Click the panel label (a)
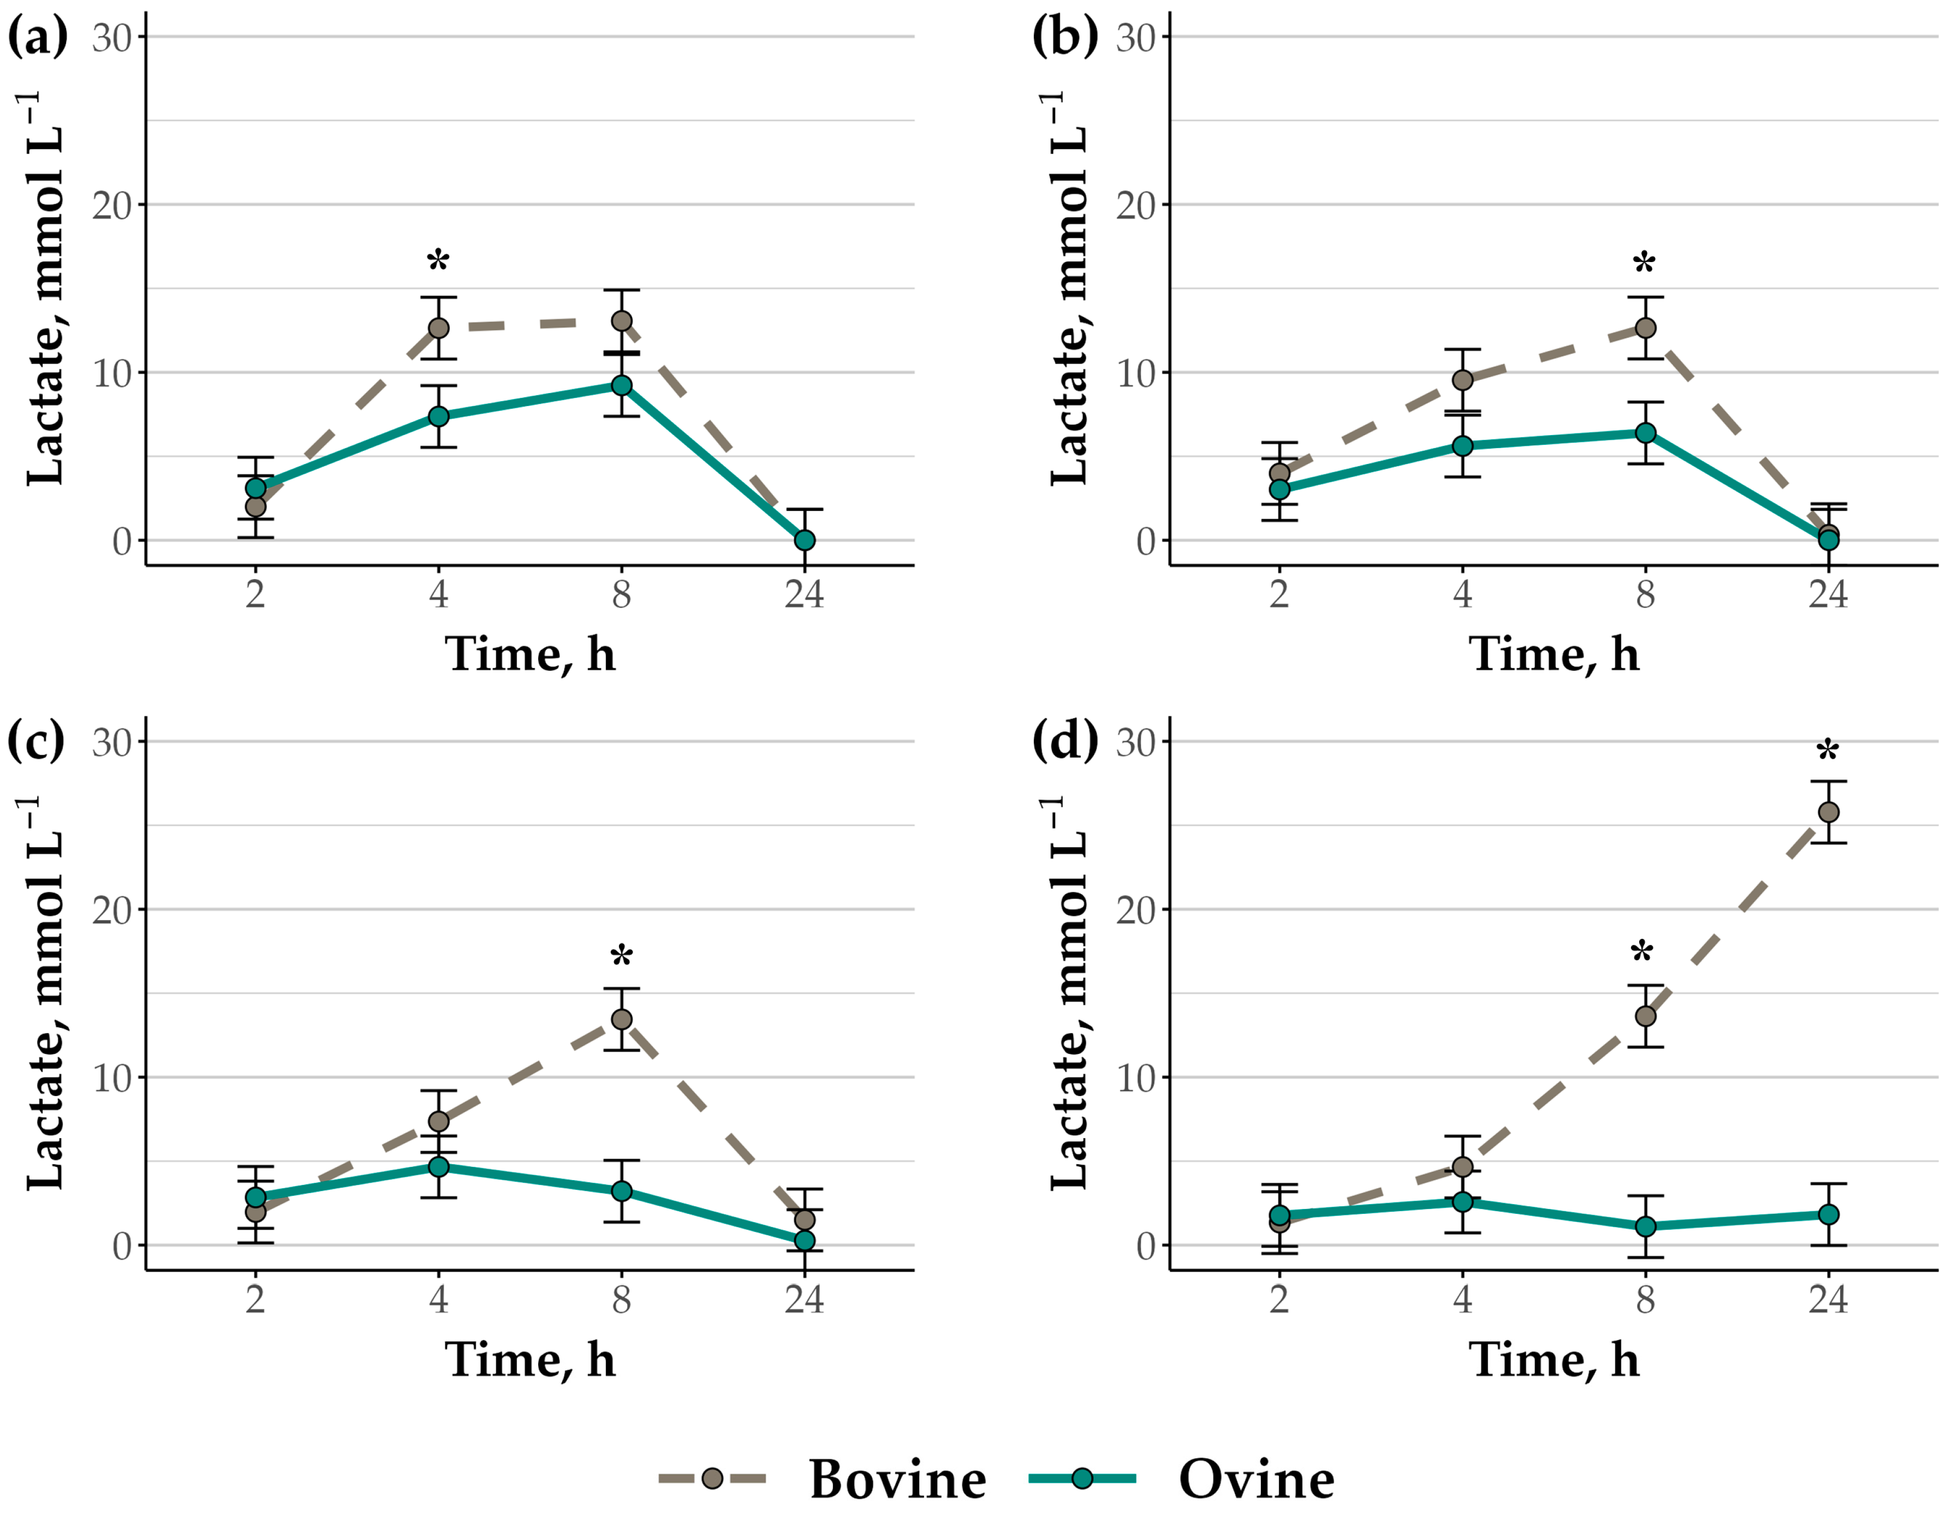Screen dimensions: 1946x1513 (38, 38)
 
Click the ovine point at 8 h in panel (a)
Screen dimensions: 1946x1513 (622, 385)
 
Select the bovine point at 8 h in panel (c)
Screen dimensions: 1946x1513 (622, 1018)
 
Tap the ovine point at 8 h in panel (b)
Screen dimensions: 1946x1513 (1646, 433)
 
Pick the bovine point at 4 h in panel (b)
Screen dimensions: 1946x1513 (1462, 380)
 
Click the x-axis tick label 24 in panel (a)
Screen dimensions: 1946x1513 (805, 594)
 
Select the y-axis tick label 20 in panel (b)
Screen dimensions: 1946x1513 (1136, 205)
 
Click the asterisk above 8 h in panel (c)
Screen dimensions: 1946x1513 (622, 956)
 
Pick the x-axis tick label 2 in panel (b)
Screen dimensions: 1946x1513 (1280, 594)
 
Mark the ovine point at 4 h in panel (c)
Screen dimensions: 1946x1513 (438, 1166)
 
